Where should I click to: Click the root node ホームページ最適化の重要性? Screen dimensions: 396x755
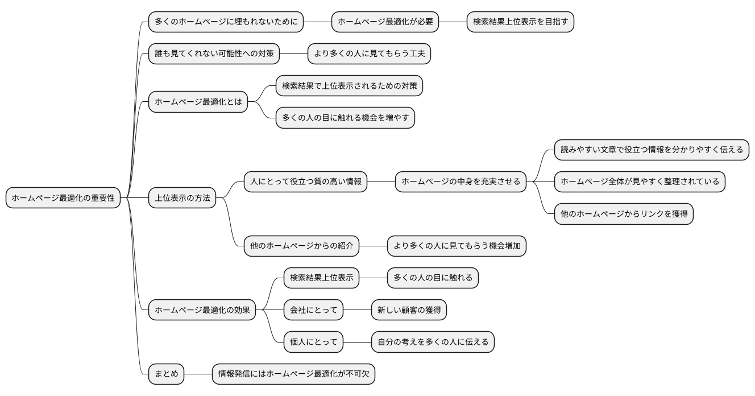pos(63,198)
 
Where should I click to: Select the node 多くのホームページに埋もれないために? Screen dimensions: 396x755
pos(226,22)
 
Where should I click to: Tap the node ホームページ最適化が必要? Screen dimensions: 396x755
pos(385,22)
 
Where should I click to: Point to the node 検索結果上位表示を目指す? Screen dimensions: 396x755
pos(520,22)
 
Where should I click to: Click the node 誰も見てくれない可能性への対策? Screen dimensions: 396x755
pos(214,54)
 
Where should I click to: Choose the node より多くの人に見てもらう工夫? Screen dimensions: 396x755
pos(369,54)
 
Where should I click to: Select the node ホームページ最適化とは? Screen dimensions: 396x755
pos(198,102)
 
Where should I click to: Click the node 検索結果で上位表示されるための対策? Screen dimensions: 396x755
pos(349,86)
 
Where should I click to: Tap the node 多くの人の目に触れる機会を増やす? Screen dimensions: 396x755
pos(345,118)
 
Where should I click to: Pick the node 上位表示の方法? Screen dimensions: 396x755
pos(182,198)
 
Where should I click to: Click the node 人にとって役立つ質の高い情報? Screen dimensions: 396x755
pos(305,182)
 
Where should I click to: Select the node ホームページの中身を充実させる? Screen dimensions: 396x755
pos(461,182)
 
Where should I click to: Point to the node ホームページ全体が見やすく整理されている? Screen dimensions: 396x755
pos(640,182)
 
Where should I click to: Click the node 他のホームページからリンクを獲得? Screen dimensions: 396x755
pos(624,214)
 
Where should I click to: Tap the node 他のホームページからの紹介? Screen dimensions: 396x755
pos(301,246)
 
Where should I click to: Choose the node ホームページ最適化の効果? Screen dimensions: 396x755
pos(202,311)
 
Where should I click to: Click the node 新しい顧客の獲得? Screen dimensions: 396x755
pos(409,311)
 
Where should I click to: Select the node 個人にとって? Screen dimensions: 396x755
pos(313,343)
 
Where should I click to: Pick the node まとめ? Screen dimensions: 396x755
pos(166,374)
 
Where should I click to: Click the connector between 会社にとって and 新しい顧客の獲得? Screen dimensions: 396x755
pos(357,311)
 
